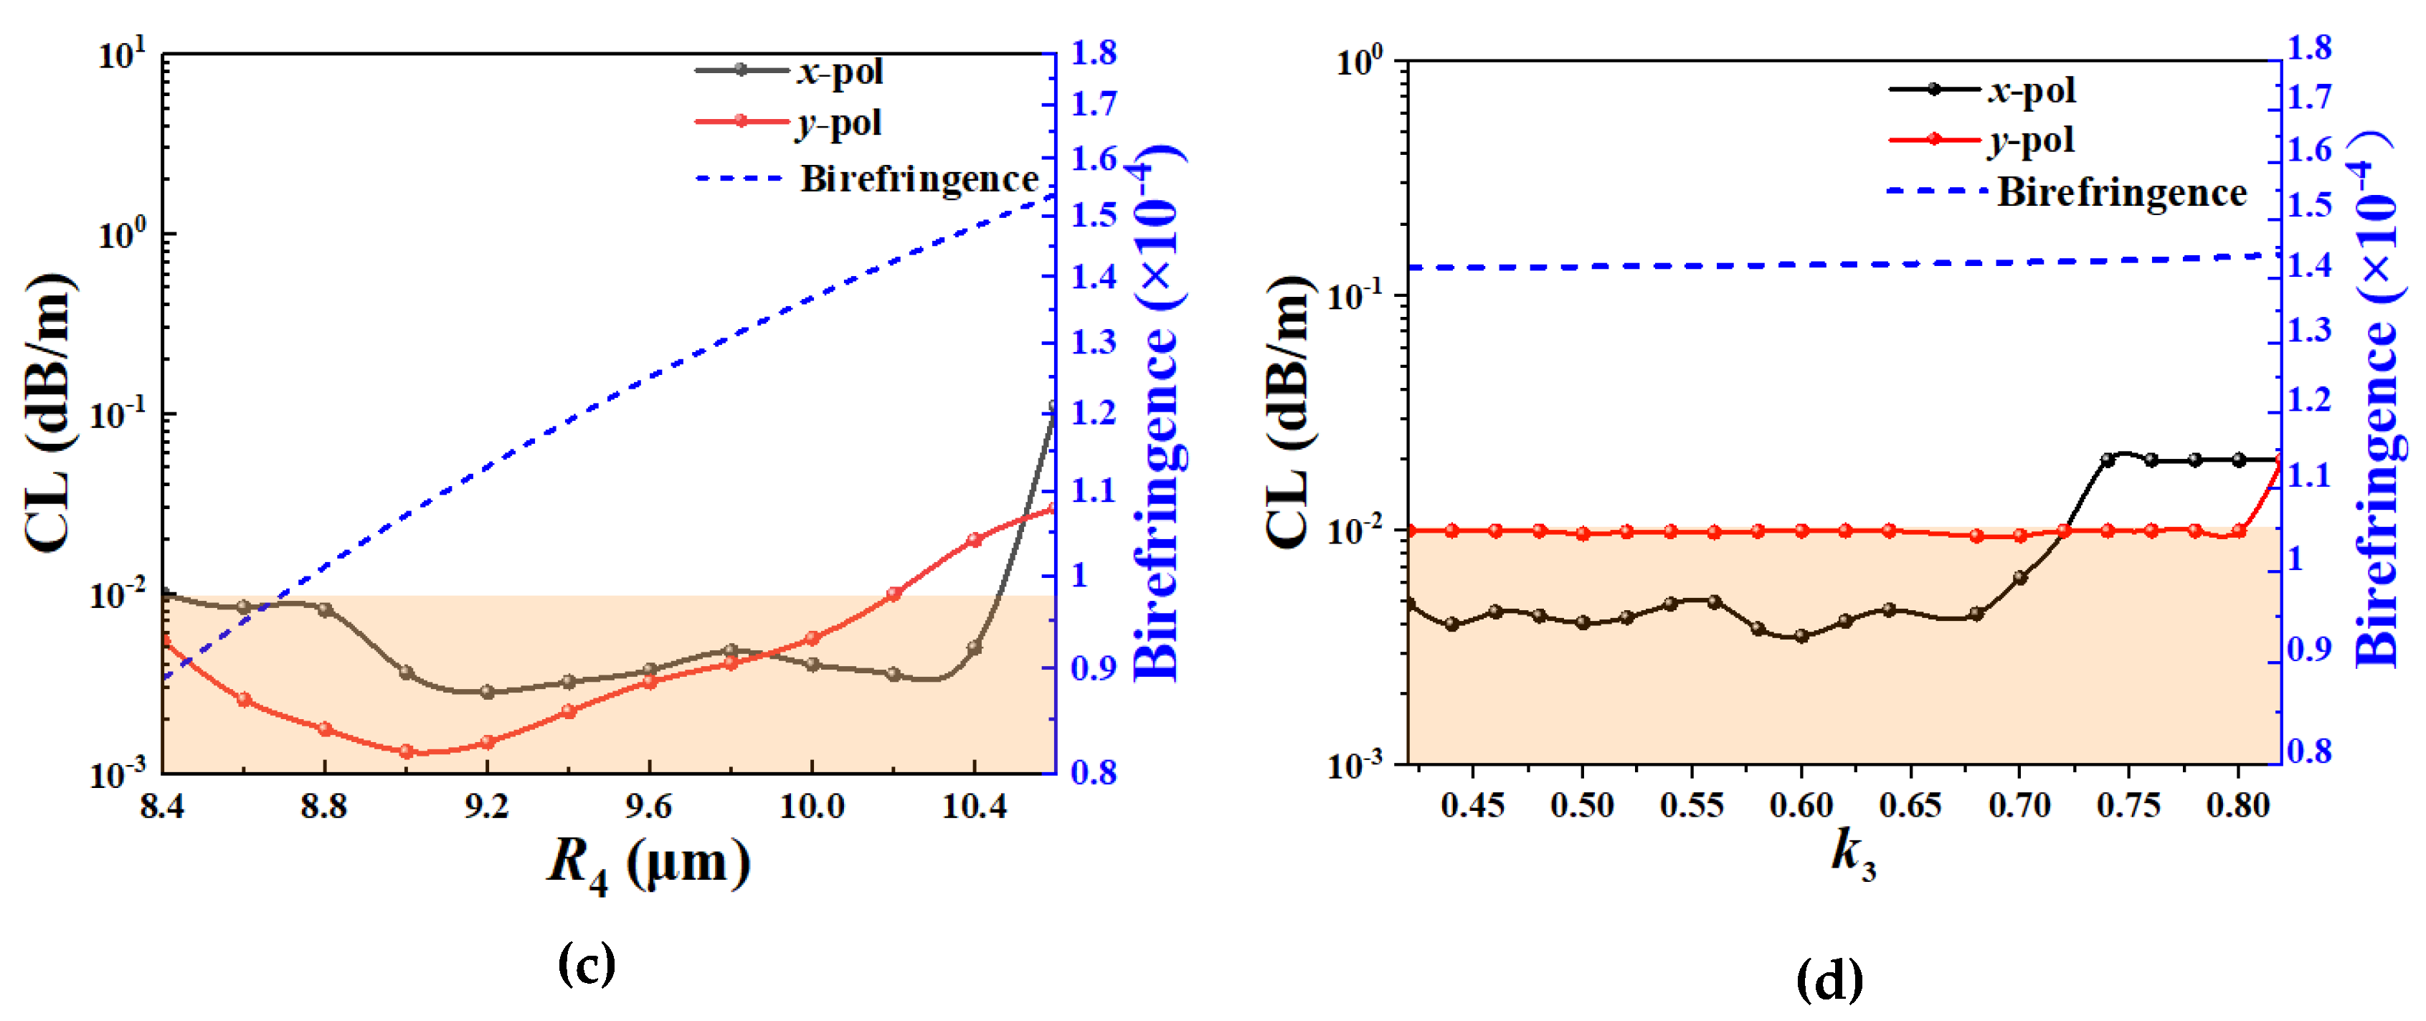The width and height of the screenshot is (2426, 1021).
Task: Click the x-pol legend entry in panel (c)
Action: (x=838, y=71)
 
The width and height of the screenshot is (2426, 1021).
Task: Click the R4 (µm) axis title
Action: (x=649, y=862)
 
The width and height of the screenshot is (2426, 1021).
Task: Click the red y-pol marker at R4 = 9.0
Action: (x=406, y=751)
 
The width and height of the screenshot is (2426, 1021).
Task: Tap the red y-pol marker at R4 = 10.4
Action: (x=975, y=540)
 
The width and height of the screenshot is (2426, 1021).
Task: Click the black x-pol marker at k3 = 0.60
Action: (x=1801, y=636)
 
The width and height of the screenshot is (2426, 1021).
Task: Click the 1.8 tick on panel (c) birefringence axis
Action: (x=1092, y=53)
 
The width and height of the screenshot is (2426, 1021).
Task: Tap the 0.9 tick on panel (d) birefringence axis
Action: (x=2309, y=649)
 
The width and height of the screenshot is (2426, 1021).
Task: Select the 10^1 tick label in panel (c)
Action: (x=123, y=54)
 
